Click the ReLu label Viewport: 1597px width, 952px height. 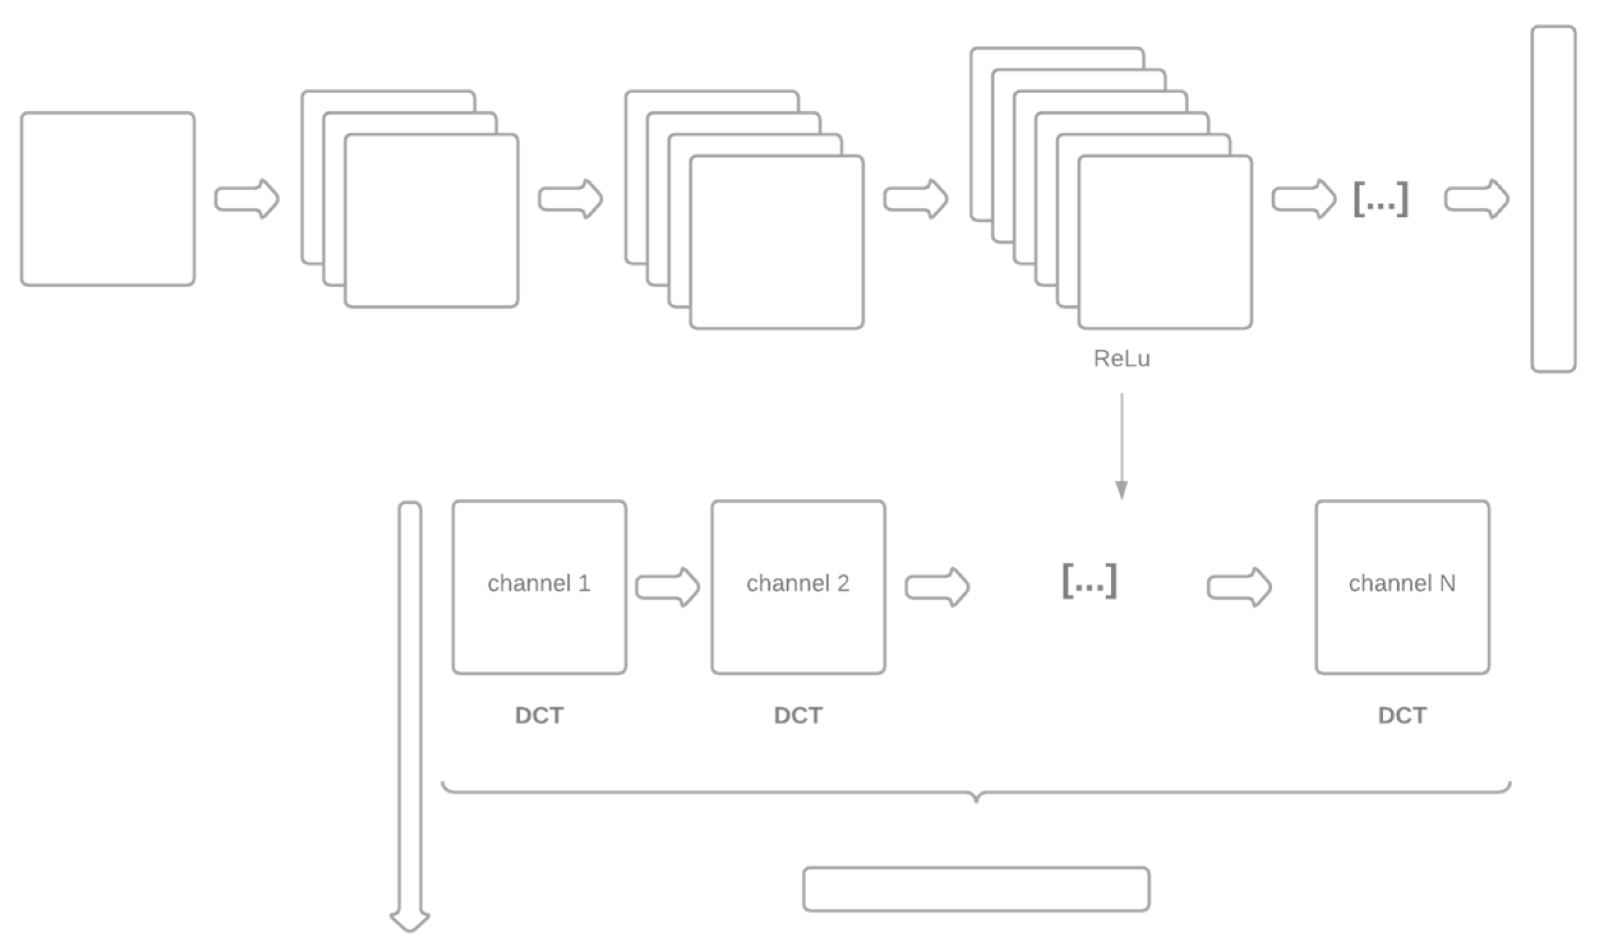[x=1121, y=359]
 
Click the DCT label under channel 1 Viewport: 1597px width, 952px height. [x=539, y=715]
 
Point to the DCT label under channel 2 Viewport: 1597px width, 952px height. [x=798, y=715]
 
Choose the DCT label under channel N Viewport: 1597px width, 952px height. [x=1402, y=715]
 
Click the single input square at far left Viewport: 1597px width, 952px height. [x=108, y=199]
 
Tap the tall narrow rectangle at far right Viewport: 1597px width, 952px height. [x=1554, y=199]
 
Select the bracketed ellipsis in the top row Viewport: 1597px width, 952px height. [x=1381, y=200]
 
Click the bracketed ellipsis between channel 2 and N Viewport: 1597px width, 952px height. [x=1090, y=581]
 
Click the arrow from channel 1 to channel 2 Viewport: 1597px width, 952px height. [x=668, y=587]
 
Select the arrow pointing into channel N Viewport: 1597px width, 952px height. [x=1239, y=587]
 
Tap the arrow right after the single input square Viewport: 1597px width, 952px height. [x=247, y=199]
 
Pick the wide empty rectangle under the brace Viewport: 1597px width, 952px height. [x=976, y=889]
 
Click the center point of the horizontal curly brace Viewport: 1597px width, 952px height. [x=976, y=796]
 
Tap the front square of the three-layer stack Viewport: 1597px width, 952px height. [x=431, y=221]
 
